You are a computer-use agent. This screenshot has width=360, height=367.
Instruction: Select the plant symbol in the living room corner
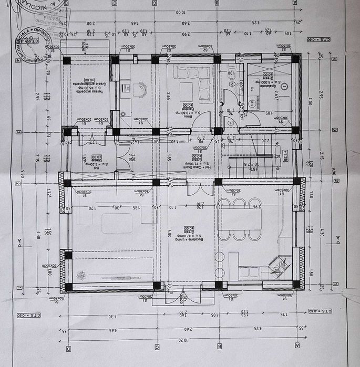pyautogui.click(x=81, y=275)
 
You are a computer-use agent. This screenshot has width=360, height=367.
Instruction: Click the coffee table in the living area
pyautogui.click(x=117, y=223)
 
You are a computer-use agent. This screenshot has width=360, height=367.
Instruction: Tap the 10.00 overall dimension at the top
pyautogui.click(x=180, y=11)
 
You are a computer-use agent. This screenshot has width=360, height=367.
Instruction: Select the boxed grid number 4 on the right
pyautogui.click(x=334, y=59)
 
